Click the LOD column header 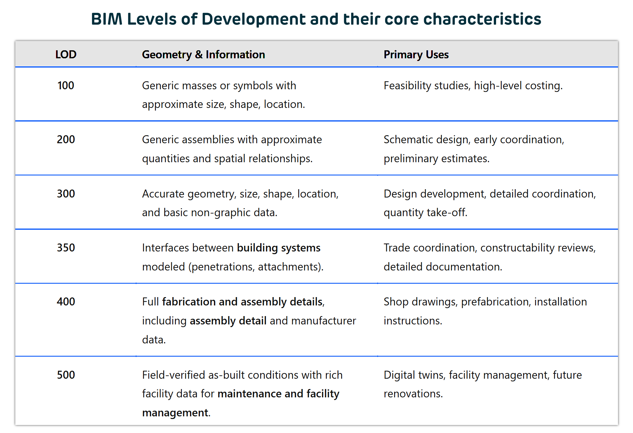point(66,54)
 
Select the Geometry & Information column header point(203,54)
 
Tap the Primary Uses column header point(416,54)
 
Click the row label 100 point(66,86)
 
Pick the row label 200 point(66,140)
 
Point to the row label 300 point(66,194)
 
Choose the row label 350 point(66,248)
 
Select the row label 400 point(66,302)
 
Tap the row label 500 point(66,375)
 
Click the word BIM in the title point(106,19)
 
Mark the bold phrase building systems point(279,248)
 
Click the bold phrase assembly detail point(228,321)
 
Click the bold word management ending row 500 point(175,413)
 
